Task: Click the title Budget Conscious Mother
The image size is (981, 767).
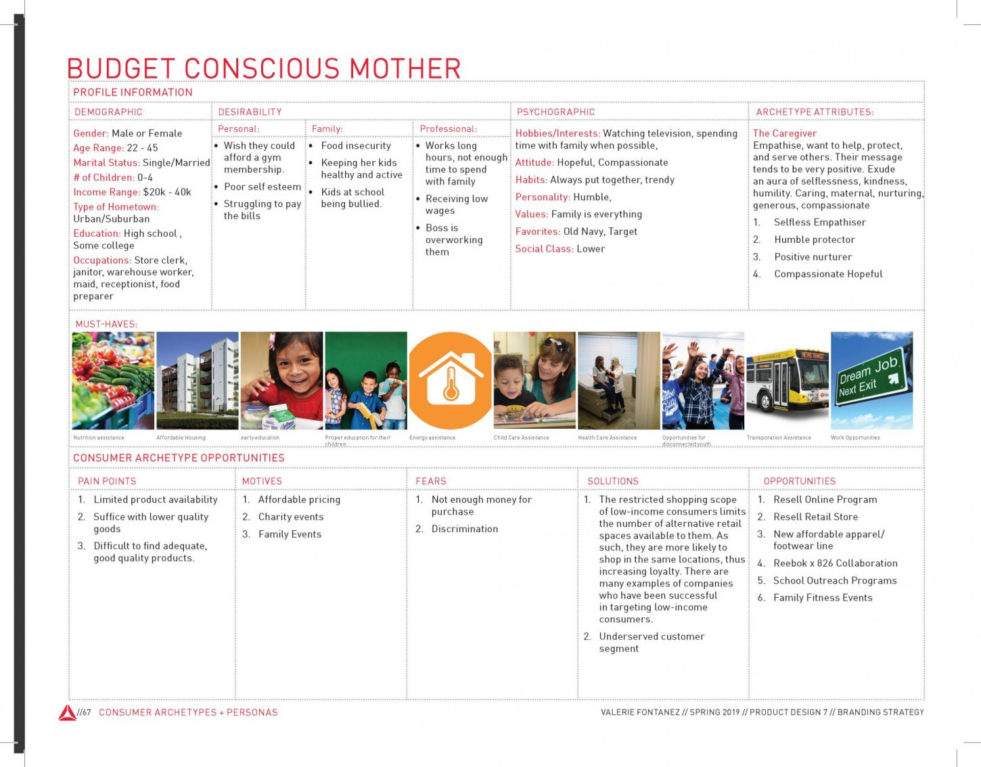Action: [x=264, y=69]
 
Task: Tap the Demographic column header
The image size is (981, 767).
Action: [x=108, y=112]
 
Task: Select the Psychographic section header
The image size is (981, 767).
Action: [x=555, y=112]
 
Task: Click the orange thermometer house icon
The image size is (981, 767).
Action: [x=450, y=380]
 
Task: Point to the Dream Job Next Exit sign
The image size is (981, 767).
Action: [x=871, y=380]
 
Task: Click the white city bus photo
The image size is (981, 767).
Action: [x=787, y=380]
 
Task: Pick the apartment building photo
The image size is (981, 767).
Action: [x=198, y=380]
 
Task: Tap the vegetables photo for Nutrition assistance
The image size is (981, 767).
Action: [x=113, y=380]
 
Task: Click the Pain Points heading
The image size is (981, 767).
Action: [x=107, y=481]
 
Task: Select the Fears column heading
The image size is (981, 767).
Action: [x=431, y=481]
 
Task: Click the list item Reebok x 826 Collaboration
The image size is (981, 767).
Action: [x=836, y=563]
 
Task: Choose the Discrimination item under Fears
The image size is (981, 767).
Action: [x=465, y=529]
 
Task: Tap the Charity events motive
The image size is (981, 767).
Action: [x=291, y=517]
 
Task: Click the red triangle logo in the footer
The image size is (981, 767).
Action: [x=67, y=712]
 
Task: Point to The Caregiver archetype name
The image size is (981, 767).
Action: [x=785, y=133]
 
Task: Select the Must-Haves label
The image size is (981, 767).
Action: [x=106, y=324]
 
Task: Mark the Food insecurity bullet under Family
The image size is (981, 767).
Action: [x=356, y=145]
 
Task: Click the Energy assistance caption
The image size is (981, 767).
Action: [x=432, y=438]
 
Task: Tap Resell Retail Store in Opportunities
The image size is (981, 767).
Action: [x=815, y=517]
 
